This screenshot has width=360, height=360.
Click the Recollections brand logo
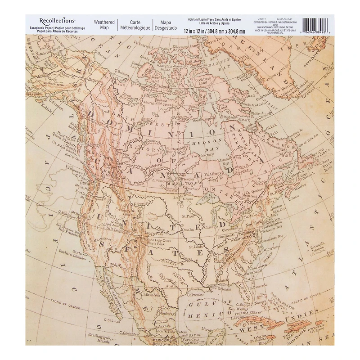pos(57,21)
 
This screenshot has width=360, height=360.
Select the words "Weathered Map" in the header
pos(104,25)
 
